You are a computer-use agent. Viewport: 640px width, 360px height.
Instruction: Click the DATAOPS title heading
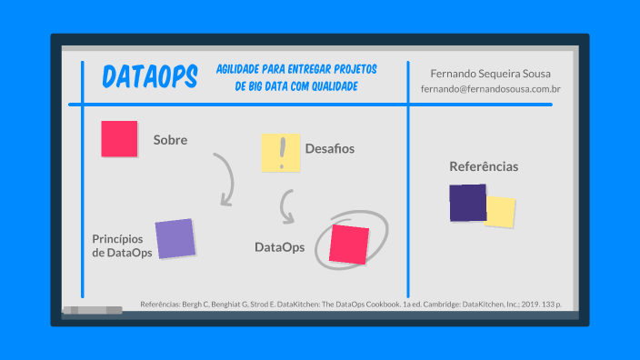coord(150,78)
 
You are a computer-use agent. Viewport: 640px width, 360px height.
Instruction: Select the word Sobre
coord(170,140)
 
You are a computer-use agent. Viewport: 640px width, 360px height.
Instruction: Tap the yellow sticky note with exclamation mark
coord(280,153)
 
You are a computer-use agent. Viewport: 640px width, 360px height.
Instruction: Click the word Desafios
coord(329,148)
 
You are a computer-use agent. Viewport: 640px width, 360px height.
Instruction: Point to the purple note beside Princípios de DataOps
coord(175,238)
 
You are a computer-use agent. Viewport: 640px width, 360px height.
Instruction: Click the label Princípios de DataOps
coord(122,245)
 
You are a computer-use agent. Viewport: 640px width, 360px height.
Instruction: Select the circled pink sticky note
coord(349,244)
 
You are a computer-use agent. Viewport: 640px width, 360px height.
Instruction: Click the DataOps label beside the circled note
coord(279,246)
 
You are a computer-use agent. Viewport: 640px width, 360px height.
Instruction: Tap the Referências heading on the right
coord(484,166)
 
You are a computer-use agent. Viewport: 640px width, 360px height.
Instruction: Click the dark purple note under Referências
coord(467,203)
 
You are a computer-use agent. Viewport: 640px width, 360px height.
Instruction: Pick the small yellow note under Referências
coord(501,212)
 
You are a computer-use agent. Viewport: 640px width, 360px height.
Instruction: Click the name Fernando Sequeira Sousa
coord(490,73)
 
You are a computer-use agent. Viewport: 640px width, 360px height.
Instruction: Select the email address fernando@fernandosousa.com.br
coord(490,89)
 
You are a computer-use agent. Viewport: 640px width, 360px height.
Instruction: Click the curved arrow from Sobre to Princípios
coord(225,178)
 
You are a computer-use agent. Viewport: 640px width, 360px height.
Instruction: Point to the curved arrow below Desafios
coord(287,207)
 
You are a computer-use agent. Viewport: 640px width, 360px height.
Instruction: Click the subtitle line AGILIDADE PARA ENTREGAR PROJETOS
coord(296,70)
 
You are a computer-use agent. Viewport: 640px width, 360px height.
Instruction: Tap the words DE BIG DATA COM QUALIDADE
coord(296,86)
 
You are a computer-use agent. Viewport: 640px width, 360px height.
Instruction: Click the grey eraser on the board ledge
coord(92,310)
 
